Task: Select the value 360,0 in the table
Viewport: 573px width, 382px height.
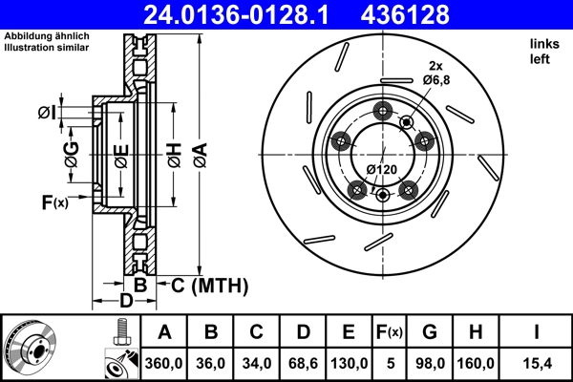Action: click(x=164, y=364)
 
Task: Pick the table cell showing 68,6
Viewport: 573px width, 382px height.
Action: click(x=302, y=364)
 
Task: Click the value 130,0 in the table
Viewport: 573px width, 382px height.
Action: click(x=348, y=364)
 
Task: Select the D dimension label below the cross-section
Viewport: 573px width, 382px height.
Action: click(x=124, y=303)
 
